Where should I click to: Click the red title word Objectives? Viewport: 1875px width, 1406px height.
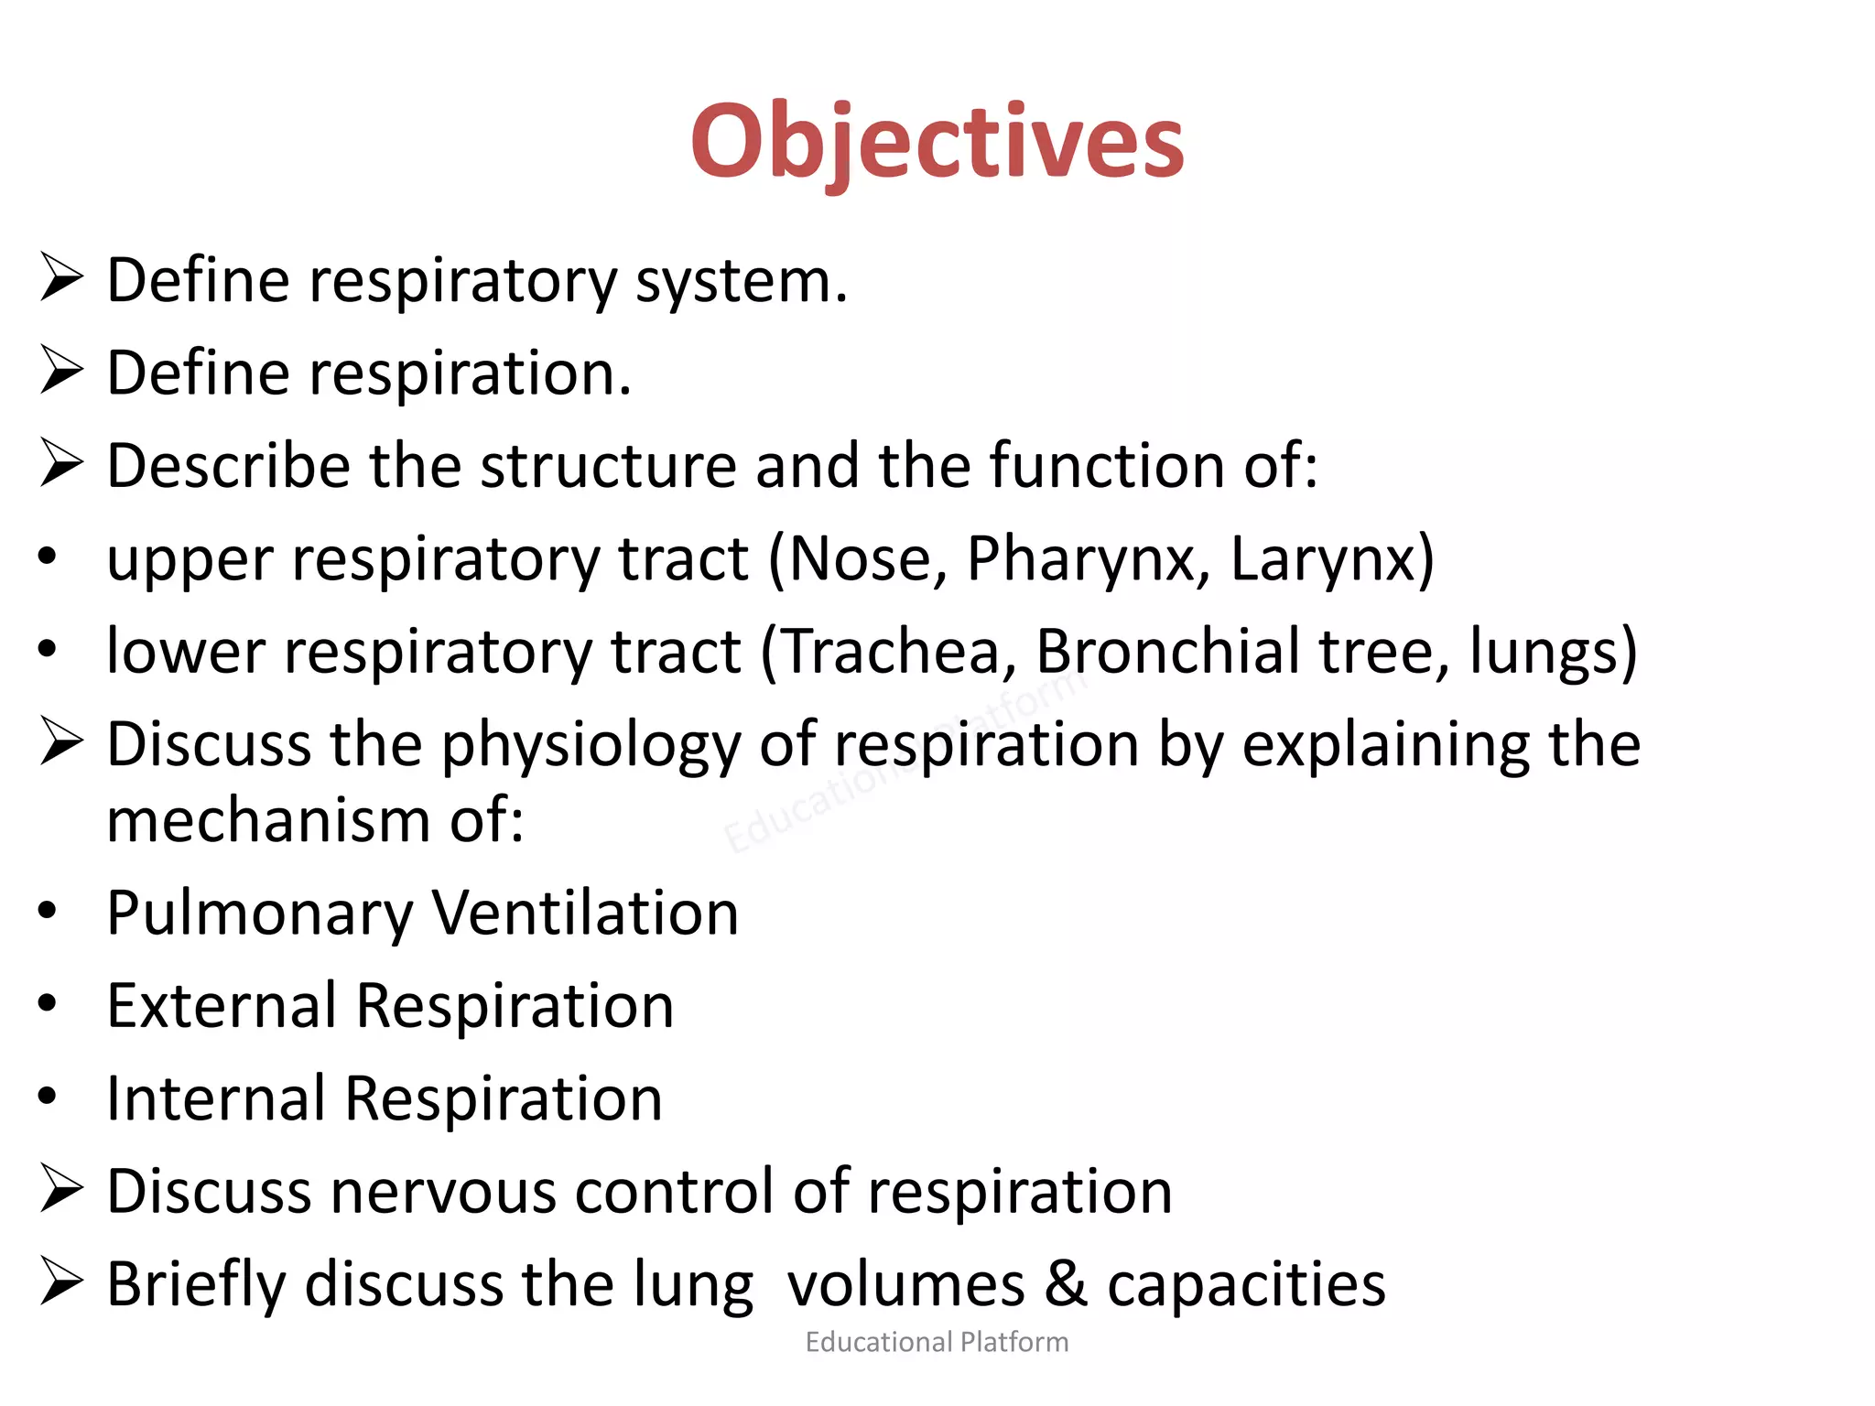point(937,143)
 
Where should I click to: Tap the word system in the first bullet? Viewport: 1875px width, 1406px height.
point(742,282)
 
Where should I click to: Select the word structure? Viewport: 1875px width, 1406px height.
point(608,466)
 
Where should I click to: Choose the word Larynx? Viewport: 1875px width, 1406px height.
point(1322,559)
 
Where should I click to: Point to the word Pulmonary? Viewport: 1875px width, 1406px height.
point(260,914)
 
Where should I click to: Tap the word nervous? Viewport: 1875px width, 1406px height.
point(443,1192)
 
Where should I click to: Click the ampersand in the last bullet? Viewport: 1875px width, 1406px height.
point(1065,1284)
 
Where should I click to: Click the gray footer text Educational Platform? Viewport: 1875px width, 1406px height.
point(937,1342)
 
